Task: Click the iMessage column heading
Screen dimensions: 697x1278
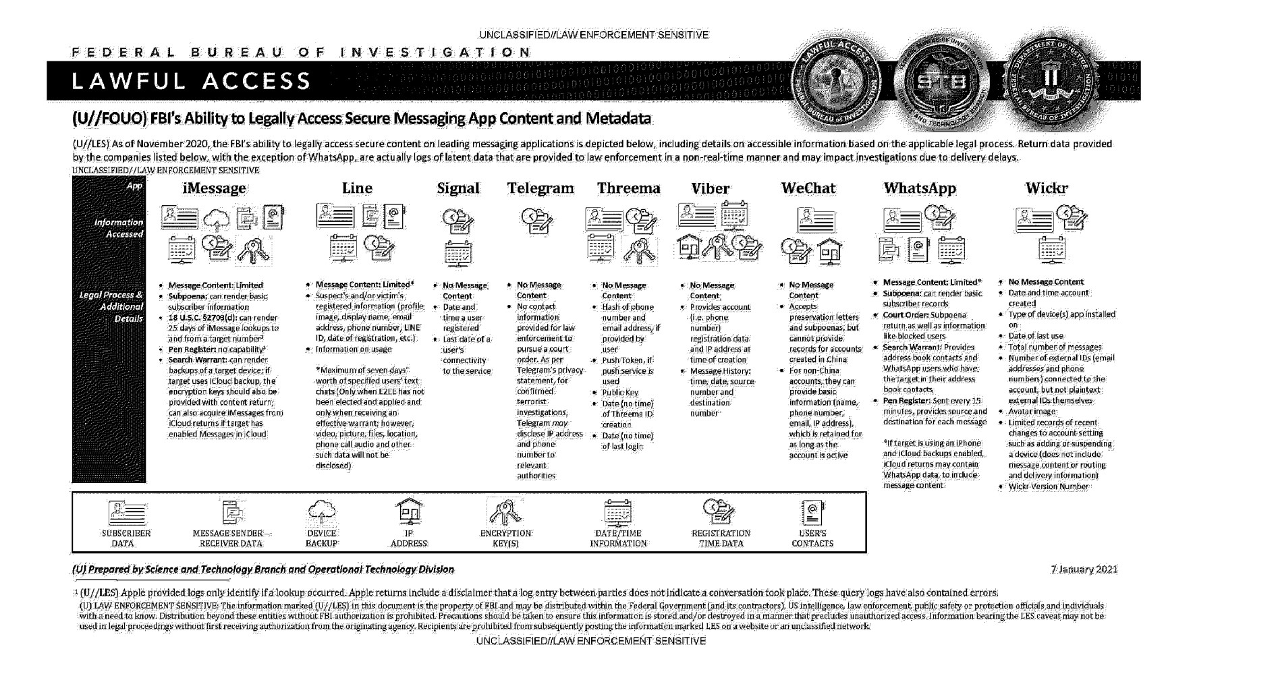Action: click(214, 188)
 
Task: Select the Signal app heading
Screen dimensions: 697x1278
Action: click(458, 188)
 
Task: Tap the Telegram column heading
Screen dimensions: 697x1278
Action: click(540, 188)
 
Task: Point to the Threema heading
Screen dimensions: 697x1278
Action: click(628, 188)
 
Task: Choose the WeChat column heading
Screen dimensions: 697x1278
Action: click(808, 188)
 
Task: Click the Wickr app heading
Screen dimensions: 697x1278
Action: click(1047, 188)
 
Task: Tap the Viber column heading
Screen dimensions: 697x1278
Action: click(710, 188)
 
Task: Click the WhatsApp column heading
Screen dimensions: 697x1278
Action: click(920, 188)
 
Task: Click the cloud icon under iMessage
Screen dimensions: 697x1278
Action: click(217, 219)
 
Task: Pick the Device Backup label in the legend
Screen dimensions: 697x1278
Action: click(321, 538)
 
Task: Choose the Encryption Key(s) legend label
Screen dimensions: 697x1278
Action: click(505, 538)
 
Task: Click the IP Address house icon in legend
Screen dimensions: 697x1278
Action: click(409, 512)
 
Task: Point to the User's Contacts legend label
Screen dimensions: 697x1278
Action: click(812, 538)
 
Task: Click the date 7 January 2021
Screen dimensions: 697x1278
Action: click(1084, 569)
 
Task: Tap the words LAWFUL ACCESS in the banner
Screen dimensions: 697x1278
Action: click(192, 82)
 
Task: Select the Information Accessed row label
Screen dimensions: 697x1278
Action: click(119, 228)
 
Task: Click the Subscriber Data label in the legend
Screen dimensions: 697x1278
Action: click(126, 538)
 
